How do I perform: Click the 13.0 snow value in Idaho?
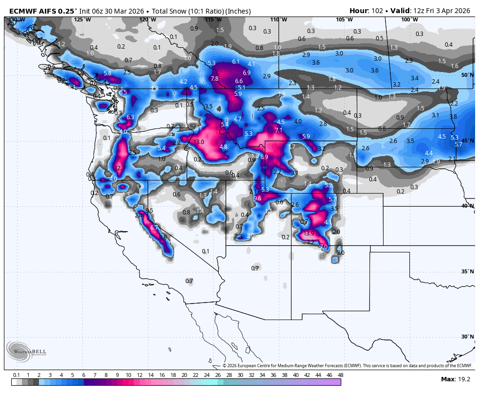point(199,142)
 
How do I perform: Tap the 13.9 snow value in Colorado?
point(309,233)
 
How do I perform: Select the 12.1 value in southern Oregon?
point(119,168)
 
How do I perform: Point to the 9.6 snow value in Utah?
point(258,198)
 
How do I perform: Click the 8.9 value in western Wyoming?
point(264,157)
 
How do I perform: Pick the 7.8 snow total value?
point(214,78)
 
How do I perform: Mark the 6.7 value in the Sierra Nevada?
point(154,227)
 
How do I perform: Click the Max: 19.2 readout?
point(456,379)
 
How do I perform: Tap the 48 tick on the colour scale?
point(340,375)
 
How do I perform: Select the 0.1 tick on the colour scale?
point(16,375)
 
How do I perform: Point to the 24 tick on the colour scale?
point(206,375)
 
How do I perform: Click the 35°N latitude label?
point(467,271)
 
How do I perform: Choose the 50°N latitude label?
point(467,75)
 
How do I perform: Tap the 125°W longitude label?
point(82,19)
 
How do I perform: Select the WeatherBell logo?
point(22,351)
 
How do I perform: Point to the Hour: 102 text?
point(366,11)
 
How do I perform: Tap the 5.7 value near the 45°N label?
point(458,144)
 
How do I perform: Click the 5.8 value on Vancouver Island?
point(108,73)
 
